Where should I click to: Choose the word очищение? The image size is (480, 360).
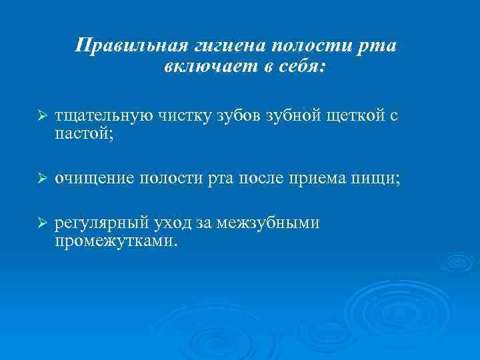[x=95, y=179]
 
